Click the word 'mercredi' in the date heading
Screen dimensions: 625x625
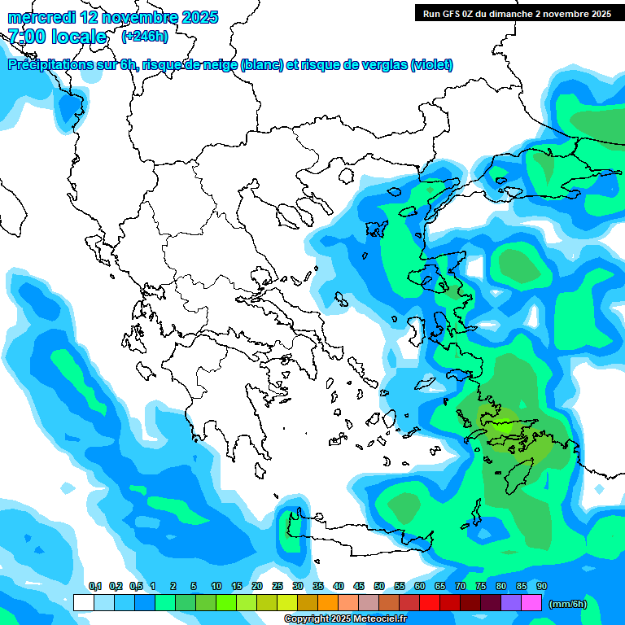[42, 17]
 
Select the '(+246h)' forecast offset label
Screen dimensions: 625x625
[144, 36]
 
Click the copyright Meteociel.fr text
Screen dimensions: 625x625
[345, 619]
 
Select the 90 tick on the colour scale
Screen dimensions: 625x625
[542, 587]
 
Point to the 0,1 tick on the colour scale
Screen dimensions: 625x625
[94, 587]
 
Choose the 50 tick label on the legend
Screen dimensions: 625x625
[379, 587]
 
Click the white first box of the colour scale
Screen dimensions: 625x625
[84, 603]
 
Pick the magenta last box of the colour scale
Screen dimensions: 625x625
[531, 603]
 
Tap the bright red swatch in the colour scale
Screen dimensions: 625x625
[430, 603]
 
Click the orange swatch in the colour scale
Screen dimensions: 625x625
[328, 603]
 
